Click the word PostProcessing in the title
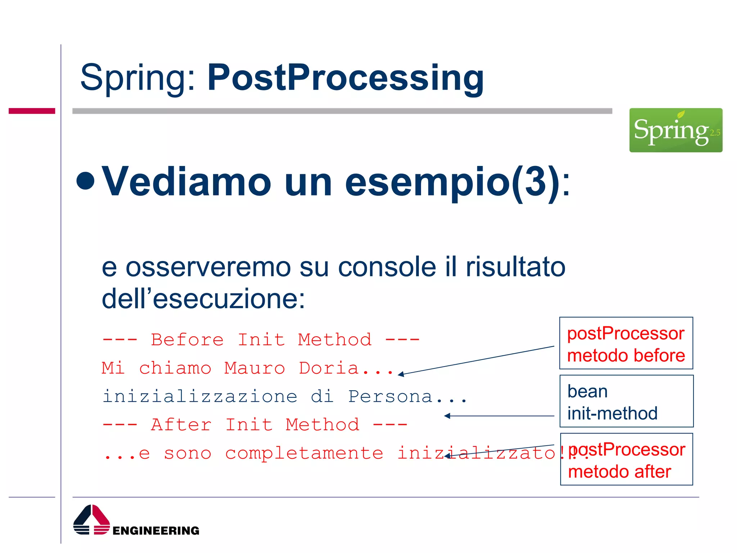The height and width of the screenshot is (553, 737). (x=345, y=77)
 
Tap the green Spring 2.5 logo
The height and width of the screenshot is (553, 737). (x=675, y=130)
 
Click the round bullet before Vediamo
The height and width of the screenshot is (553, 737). (x=86, y=180)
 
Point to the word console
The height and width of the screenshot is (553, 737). (x=387, y=267)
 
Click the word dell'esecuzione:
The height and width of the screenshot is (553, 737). (x=203, y=299)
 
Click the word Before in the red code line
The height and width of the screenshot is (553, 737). (x=187, y=340)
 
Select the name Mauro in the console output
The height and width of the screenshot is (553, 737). (x=254, y=368)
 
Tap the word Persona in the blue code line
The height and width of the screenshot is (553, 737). (x=390, y=396)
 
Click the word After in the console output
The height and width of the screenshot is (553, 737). (x=181, y=425)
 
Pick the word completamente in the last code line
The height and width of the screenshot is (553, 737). (x=304, y=453)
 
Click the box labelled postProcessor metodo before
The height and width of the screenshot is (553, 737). (x=626, y=343)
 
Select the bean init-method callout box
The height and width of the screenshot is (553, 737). (x=626, y=401)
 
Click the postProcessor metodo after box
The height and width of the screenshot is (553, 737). (x=626, y=459)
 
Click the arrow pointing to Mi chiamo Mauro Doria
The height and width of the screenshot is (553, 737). (x=475, y=360)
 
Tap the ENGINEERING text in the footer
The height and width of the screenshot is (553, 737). (x=156, y=531)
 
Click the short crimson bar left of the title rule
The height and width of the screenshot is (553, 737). (x=32, y=111)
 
